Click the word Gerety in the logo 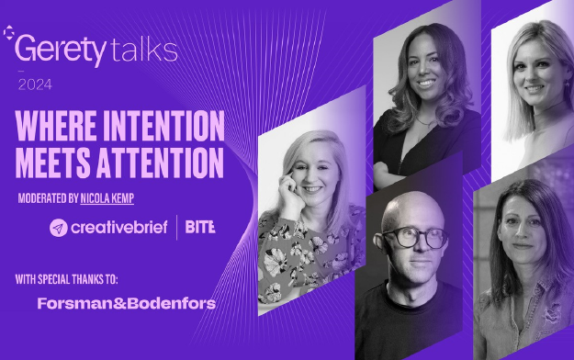pyautogui.click(x=61, y=51)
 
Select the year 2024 pyautogui.click(x=35, y=85)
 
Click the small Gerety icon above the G pyautogui.click(x=8, y=32)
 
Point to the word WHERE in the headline pyautogui.click(x=56, y=126)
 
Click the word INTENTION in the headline pyautogui.click(x=163, y=126)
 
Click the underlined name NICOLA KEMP pyautogui.click(x=107, y=198)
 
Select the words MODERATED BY pyautogui.click(x=48, y=198)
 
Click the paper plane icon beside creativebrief pyautogui.click(x=59, y=228)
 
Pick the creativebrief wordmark pyautogui.click(x=119, y=228)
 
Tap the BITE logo pyautogui.click(x=200, y=227)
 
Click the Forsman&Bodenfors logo pyautogui.click(x=127, y=304)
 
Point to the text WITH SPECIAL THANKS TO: pyautogui.click(x=67, y=279)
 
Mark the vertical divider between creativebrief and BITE pyautogui.click(x=177, y=228)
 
